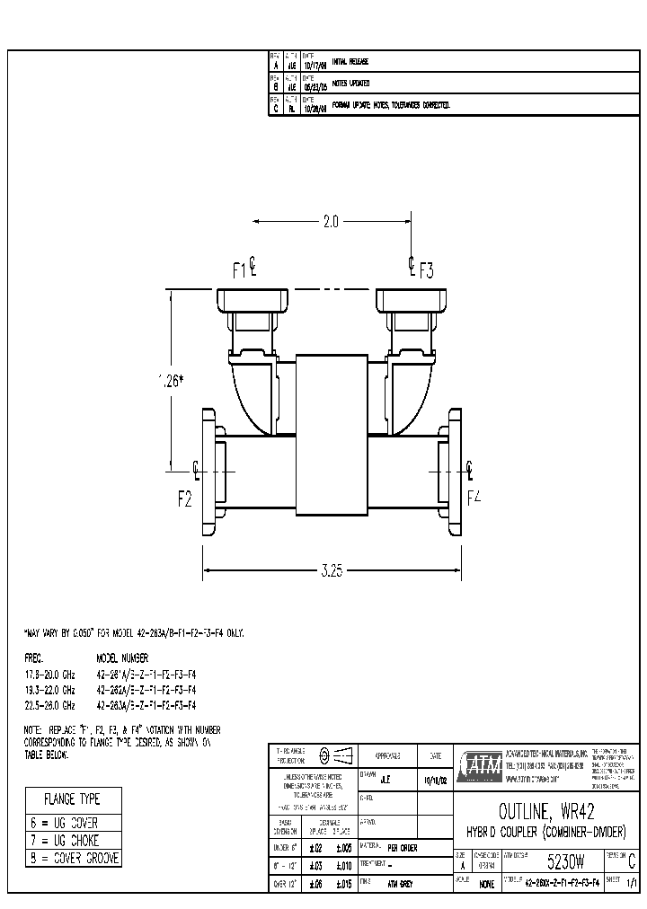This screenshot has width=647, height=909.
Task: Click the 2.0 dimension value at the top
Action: pyautogui.click(x=330, y=221)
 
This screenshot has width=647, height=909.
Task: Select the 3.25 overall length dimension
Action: pyautogui.click(x=332, y=569)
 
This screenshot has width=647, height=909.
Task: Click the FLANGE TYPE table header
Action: pyautogui.click(x=72, y=799)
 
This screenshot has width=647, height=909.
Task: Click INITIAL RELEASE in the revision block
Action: pyautogui.click(x=350, y=61)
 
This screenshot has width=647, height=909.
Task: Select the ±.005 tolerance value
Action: pyautogui.click(x=343, y=847)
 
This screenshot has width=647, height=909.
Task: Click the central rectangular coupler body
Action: pyautogui.click(x=331, y=434)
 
